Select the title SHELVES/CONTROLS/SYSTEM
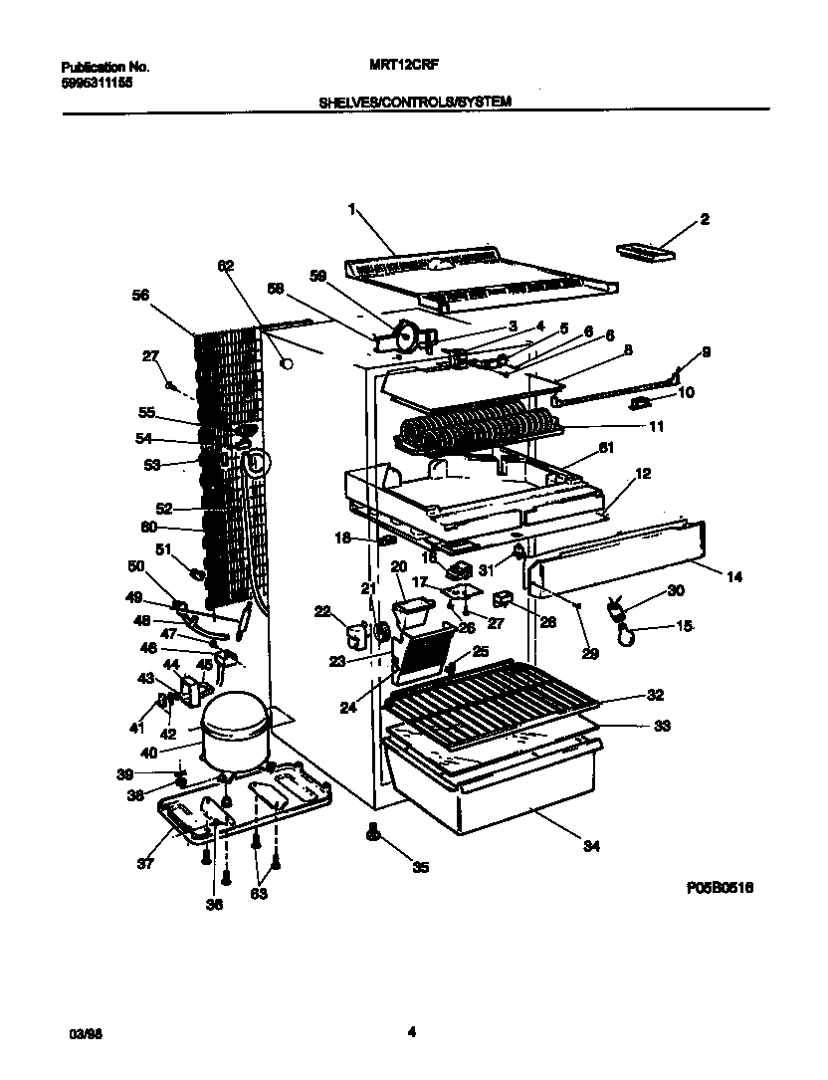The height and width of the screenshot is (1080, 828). [x=415, y=102]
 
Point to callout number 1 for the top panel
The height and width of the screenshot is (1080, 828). [x=352, y=209]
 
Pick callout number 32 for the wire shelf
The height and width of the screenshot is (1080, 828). [x=655, y=695]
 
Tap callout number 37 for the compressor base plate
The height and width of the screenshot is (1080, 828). [x=145, y=863]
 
